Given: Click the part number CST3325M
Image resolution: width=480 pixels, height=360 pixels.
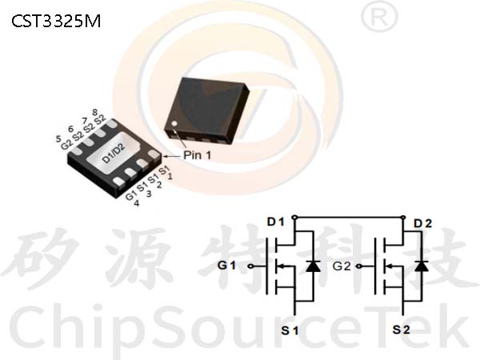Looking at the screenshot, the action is point(56,22).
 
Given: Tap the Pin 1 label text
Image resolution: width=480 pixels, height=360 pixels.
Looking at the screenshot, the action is point(197,155).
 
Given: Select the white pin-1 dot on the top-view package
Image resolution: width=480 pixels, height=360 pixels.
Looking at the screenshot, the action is point(174,124).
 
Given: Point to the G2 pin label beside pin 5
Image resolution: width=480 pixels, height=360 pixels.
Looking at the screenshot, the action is point(66,144).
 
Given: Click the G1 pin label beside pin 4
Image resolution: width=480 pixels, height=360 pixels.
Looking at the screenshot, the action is point(130,195).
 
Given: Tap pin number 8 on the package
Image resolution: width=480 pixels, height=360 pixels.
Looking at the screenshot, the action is point(95,112).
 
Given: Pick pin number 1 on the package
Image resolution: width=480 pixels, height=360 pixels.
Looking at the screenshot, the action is point(170,176).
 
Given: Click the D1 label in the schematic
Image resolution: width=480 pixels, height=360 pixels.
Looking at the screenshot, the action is point(276,222).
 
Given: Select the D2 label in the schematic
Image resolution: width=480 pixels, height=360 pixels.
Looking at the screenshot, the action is point(422,224).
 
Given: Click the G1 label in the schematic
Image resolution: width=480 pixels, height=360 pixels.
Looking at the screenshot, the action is point(227,265).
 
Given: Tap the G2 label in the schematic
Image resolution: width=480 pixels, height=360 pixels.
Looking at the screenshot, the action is point(342,266).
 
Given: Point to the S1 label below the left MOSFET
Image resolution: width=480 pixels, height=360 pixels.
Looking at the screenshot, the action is point(290,330).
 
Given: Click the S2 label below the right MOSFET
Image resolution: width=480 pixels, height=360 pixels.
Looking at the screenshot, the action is point(402,330).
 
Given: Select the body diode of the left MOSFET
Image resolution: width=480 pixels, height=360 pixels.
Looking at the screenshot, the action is point(313,266).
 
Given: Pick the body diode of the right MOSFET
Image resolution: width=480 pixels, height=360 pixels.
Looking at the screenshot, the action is point(422,266).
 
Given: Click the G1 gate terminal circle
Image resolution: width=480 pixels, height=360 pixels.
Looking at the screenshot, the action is point(250,266).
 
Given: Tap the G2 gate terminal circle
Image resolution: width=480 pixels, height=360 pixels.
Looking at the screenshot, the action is point(358,266).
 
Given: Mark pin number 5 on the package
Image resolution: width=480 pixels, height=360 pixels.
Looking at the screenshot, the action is point(58,138).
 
